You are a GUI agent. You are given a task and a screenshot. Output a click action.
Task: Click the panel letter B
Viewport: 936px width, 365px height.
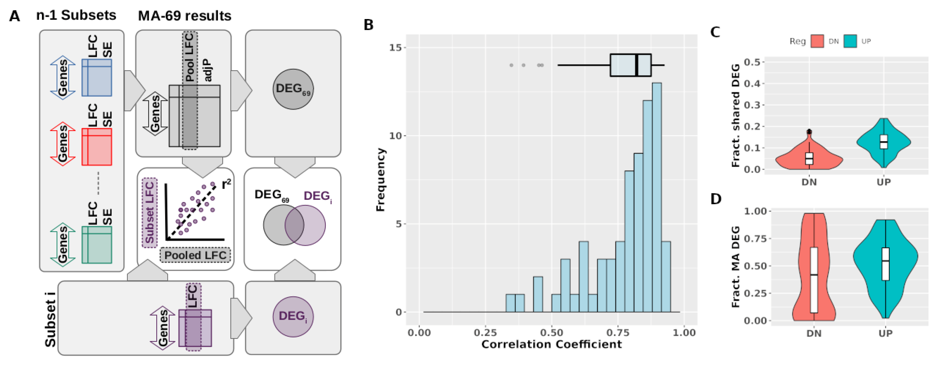tap(369, 25)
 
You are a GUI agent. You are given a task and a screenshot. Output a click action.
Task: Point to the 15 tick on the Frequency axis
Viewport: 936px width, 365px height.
tap(396, 48)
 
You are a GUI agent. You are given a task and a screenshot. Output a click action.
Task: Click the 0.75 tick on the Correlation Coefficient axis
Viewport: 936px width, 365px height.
tap(618, 332)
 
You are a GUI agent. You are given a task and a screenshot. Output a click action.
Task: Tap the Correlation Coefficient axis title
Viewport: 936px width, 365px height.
tap(551, 344)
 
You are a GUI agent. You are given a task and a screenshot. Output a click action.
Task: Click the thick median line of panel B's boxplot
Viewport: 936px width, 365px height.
tap(637, 65)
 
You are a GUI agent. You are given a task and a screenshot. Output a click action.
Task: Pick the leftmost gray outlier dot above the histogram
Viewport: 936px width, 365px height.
tap(511, 65)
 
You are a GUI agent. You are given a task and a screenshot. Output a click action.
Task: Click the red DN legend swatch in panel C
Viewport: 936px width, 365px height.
tap(817, 41)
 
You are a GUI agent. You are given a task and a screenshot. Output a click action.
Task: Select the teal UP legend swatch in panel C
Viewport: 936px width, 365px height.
tap(850, 41)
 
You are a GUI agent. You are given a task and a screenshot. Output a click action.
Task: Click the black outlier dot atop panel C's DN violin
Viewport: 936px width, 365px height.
tap(809, 132)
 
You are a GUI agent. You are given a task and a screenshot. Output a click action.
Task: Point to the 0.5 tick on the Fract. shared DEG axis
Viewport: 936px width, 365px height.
tap(752, 62)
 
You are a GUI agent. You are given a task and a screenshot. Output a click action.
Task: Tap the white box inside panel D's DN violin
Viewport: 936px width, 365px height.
tap(814, 280)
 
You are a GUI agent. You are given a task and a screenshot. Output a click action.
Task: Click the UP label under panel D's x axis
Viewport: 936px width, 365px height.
tap(885, 333)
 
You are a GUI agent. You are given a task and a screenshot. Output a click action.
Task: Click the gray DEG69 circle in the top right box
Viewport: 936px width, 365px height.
tap(293, 89)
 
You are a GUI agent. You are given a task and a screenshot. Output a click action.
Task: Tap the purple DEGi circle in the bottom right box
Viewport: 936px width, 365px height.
tap(293, 316)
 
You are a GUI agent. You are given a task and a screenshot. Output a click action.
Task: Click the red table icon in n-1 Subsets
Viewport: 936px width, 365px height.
tap(97, 147)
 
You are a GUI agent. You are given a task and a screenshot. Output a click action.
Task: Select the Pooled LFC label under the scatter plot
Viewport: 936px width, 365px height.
tap(195, 255)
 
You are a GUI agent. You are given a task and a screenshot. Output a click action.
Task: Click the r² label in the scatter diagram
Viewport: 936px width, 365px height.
tap(226, 184)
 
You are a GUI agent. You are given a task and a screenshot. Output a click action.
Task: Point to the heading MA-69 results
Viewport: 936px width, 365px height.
tap(185, 16)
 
